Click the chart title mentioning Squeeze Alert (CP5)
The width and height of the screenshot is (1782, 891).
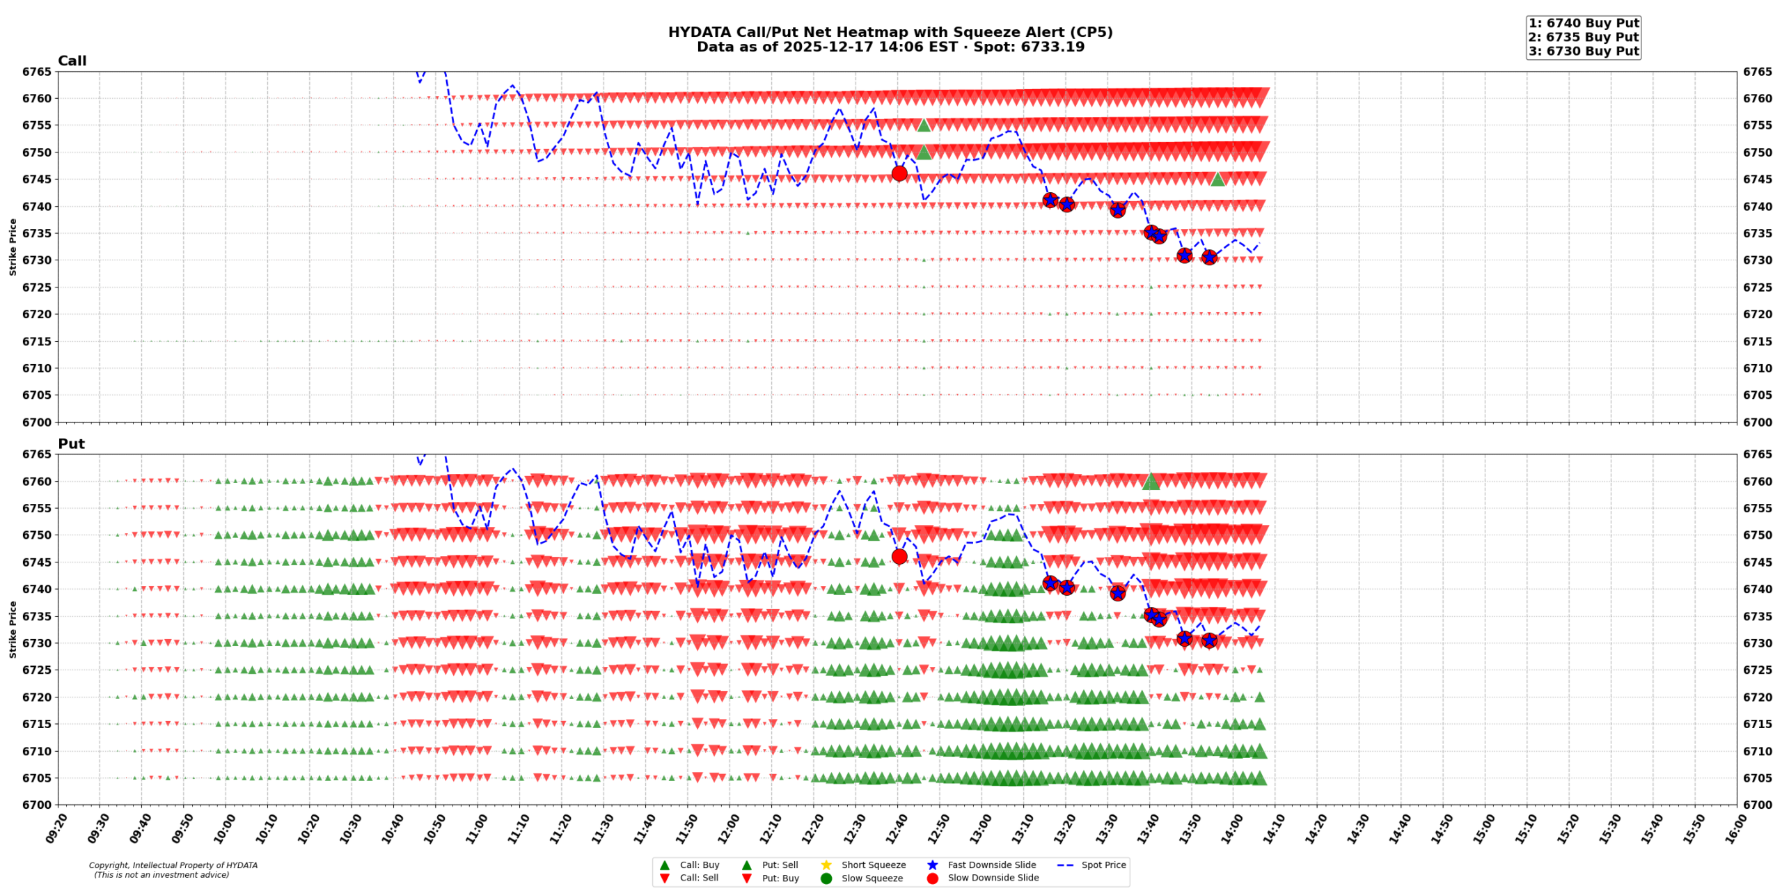[x=890, y=32]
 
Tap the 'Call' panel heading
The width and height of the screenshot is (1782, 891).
[x=72, y=61]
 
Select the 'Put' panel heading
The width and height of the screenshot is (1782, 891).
[x=71, y=443]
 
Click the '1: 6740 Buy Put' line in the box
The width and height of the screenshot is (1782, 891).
[x=1583, y=23]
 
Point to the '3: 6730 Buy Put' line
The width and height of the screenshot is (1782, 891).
[x=1583, y=51]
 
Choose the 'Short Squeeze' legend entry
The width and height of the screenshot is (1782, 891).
[x=873, y=865]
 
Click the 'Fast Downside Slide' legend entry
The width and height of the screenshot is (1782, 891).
[x=991, y=865]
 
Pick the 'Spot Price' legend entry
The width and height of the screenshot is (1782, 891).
[x=1103, y=865]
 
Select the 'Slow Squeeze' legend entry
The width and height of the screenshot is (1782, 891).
[x=872, y=878]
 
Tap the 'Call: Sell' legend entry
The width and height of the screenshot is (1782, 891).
[x=699, y=878]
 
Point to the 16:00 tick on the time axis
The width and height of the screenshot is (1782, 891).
[x=1734, y=828]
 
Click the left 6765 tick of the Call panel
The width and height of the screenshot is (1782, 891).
[x=36, y=72]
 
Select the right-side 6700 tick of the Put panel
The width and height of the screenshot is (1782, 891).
[x=1758, y=805]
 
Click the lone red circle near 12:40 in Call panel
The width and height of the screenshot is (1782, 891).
[x=899, y=173]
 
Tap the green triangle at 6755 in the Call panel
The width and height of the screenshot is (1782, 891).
[x=924, y=125]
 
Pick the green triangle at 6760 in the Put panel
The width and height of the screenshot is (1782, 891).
[x=1151, y=481]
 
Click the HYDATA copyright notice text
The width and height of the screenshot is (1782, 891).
[x=173, y=869]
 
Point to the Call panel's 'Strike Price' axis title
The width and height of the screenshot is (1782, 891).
[x=13, y=246]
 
